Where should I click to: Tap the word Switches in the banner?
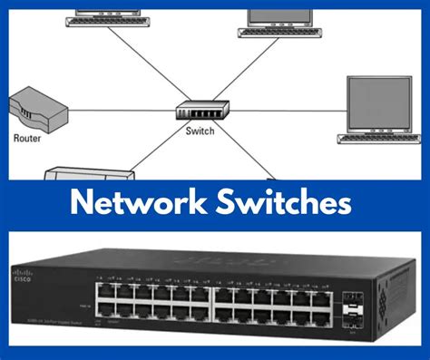281,201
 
